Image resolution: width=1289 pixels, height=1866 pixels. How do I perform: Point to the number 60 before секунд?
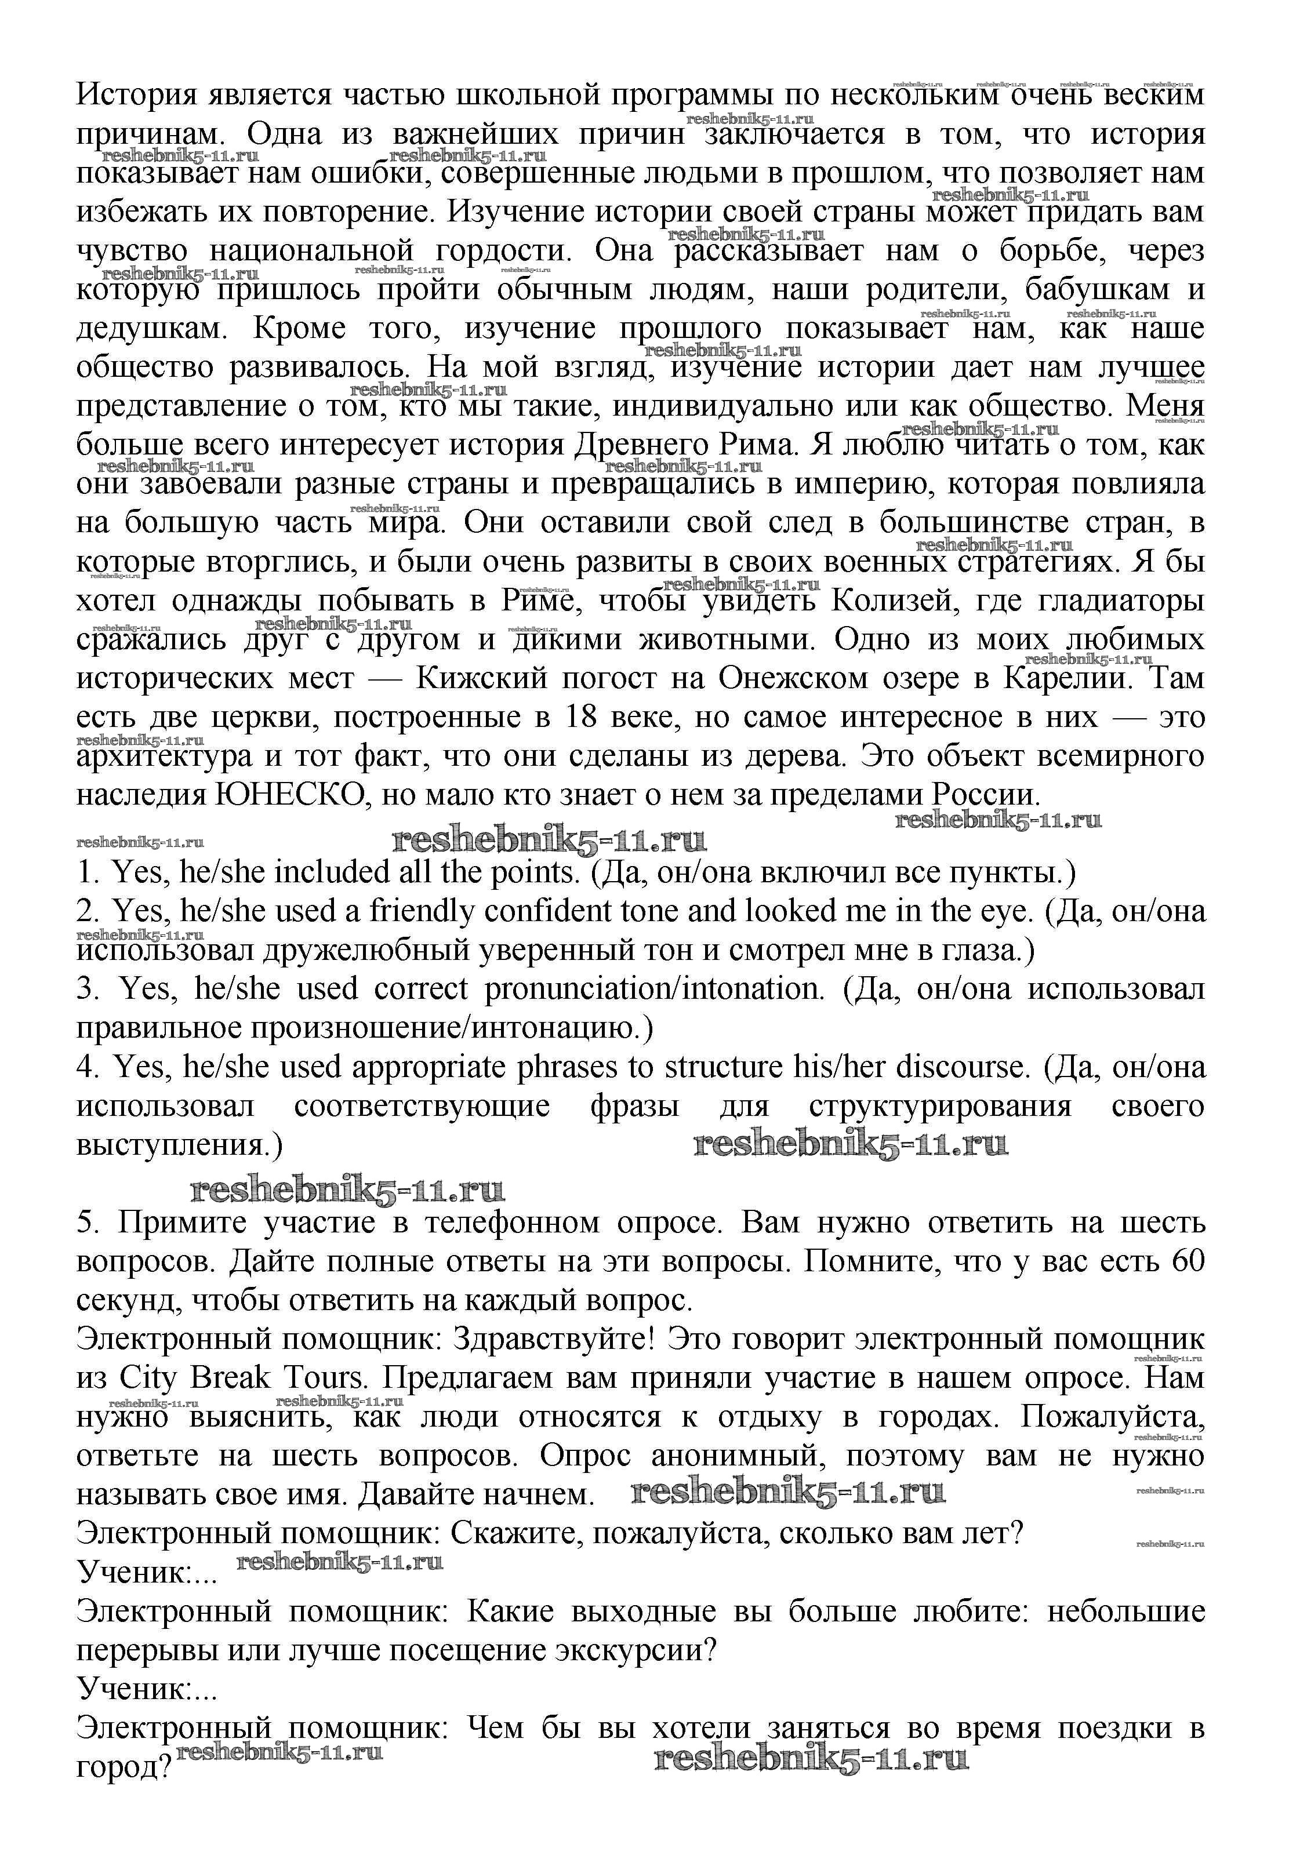coord(1185,1261)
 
